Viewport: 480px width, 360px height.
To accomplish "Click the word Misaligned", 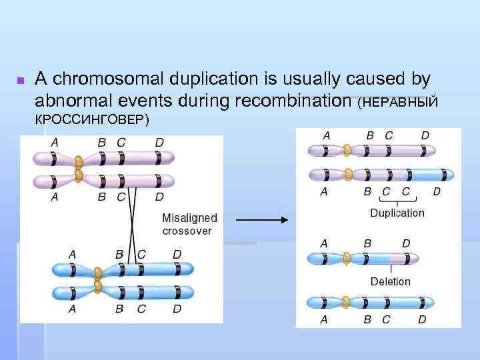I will coord(189,219).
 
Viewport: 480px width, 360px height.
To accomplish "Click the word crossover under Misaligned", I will coord(187,231).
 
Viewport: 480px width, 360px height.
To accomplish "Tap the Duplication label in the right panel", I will coord(397,213).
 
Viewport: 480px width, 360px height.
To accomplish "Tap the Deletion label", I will coord(391,281).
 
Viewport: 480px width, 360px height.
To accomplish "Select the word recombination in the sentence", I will coord(293,101).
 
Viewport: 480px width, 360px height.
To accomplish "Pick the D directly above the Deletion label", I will coord(406,243).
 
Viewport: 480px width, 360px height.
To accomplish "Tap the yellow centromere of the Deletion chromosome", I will coord(347,258).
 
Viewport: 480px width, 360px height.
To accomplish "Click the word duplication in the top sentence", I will coord(213,79).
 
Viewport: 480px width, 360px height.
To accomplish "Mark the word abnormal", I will coord(71,101).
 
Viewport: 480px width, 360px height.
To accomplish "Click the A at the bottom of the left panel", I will coord(72,309).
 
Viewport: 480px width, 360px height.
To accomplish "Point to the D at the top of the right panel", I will coord(425,135).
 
